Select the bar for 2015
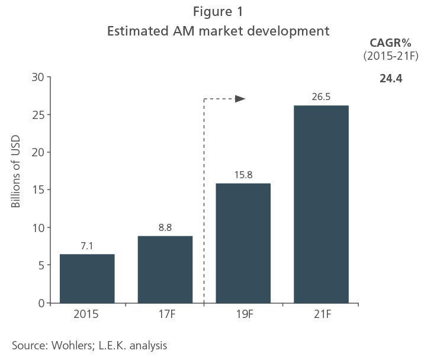pyautogui.click(x=87, y=279)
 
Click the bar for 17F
pyautogui.click(x=165, y=269)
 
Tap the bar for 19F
pyautogui.click(x=243, y=243)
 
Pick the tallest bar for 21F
pyautogui.click(x=321, y=204)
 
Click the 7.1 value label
pyautogui.click(x=87, y=246)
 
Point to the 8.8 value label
pyautogui.click(x=165, y=227)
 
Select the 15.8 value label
pyautogui.click(x=243, y=175)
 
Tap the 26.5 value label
pyautogui.click(x=321, y=97)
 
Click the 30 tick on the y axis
pyautogui.click(x=37, y=78)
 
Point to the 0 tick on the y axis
pyautogui.click(x=41, y=303)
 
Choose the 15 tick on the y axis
pyautogui.click(x=38, y=190)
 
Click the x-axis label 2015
pyautogui.click(x=86, y=314)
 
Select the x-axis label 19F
pyautogui.click(x=245, y=314)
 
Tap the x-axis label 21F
pyautogui.click(x=323, y=314)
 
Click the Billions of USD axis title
pyautogui.click(x=15, y=172)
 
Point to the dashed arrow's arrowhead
pyautogui.click(x=240, y=99)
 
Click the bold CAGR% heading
pyautogui.click(x=390, y=43)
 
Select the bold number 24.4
pyautogui.click(x=391, y=78)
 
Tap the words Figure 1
pyautogui.click(x=218, y=12)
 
